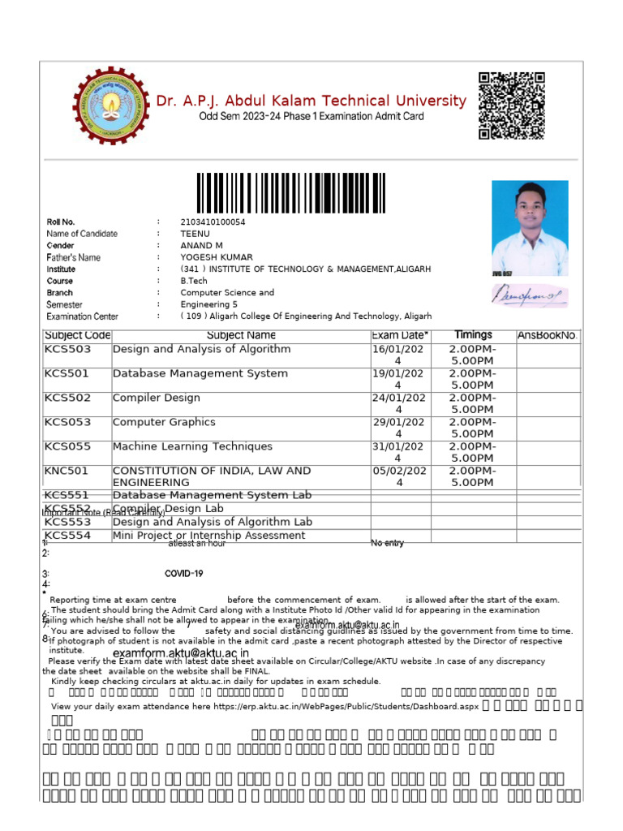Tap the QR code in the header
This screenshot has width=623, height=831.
coord(511,105)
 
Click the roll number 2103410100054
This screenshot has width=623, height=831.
coord(213,222)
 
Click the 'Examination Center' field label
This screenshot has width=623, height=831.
coord(82,316)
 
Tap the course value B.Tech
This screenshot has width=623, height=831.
coord(194,281)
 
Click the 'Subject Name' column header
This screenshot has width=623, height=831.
coord(241,335)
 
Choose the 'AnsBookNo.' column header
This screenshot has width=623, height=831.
coord(548,335)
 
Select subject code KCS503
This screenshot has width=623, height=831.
coord(68,350)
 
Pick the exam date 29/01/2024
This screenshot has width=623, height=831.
coord(397,428)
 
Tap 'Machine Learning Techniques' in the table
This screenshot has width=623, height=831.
coord(192,447)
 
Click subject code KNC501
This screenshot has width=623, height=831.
coord(67,471)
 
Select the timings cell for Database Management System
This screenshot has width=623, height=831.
coord(473,379)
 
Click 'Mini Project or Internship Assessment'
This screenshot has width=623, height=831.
coord(208,536)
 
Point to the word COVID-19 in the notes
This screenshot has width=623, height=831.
coord(183,574)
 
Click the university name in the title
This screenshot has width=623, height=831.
coord(311,101)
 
